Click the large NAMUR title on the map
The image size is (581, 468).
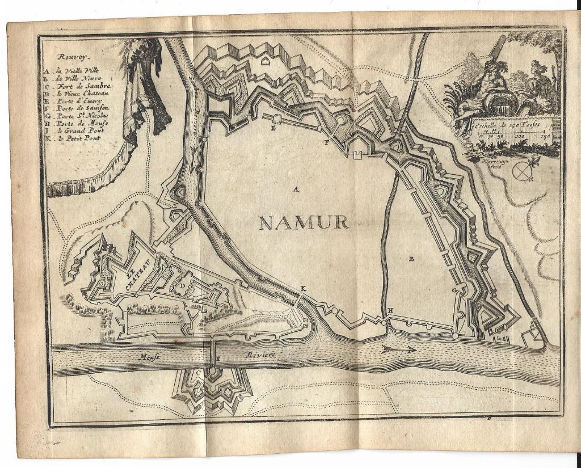coord(303,222)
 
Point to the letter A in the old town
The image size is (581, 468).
coord(295,189)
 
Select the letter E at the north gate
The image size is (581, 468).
coord(274,129)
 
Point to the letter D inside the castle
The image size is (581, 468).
coord(183,278)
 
